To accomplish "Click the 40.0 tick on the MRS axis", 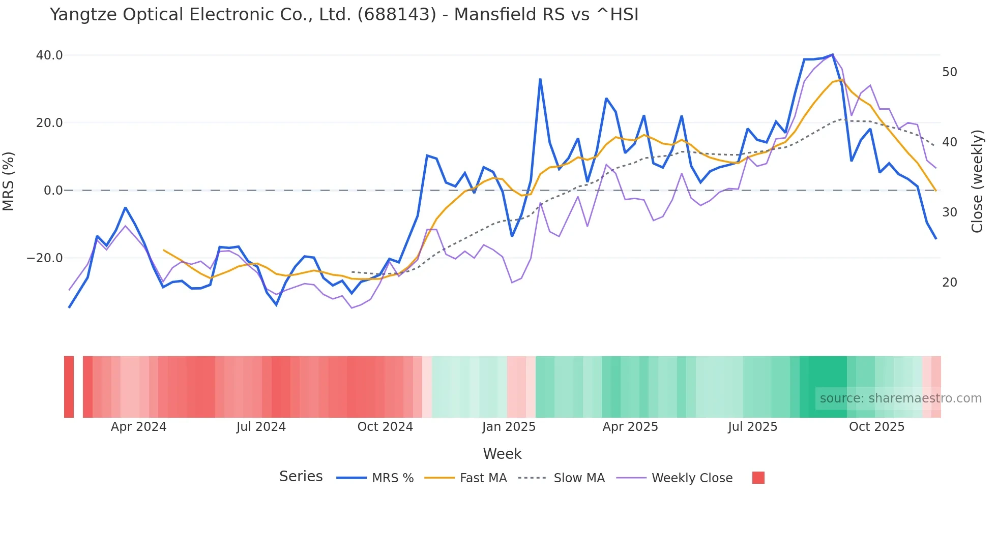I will point(49,55).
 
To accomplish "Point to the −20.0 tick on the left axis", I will point(45,258).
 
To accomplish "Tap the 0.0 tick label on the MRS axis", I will point(53,191).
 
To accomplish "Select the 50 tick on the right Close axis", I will point(949,72).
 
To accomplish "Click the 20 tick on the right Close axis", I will point(949,283).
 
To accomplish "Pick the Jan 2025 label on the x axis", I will point(509,427).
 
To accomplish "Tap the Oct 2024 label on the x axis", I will point(385,427).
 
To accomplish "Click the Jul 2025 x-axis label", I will point(752,427).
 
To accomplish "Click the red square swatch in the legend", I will point(758,478).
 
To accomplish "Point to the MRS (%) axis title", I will point(9,181).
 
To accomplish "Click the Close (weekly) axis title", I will point(977,181).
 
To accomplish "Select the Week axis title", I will point(502,454).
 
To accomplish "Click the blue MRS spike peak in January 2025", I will point(540,79).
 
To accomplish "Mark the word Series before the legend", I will point(301,477).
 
